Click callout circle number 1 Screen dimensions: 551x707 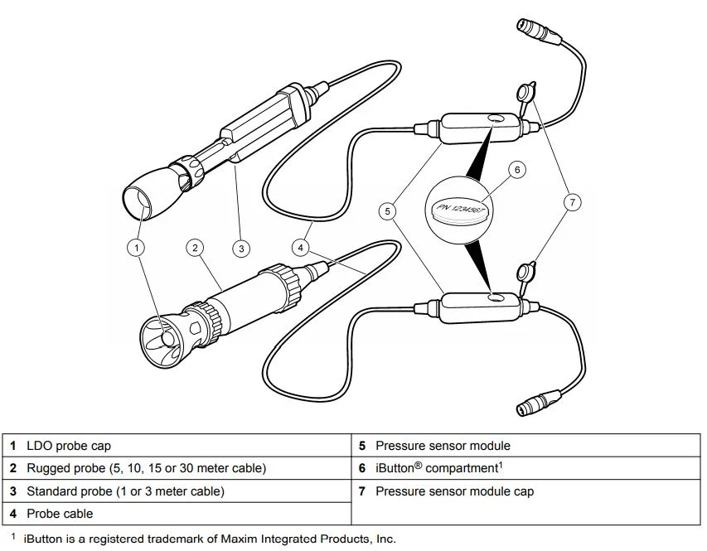137,247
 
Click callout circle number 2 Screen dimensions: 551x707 194,247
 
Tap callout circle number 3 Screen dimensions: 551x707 241,247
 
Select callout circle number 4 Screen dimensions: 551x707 302,247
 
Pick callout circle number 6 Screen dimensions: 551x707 517,170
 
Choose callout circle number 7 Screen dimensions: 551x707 571,201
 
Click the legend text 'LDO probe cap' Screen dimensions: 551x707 69,446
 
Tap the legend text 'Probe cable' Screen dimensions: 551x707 60,514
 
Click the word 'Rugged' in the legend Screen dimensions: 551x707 48,468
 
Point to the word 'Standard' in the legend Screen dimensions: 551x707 53,491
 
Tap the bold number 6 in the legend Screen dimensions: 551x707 362,468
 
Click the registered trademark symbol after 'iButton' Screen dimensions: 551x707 419,465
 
